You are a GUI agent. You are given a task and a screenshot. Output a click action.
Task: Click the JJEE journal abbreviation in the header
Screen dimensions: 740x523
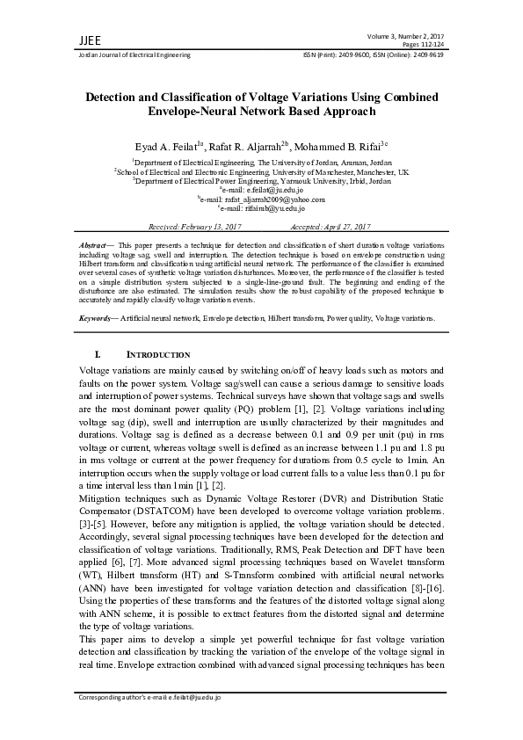[x=65, y=40]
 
